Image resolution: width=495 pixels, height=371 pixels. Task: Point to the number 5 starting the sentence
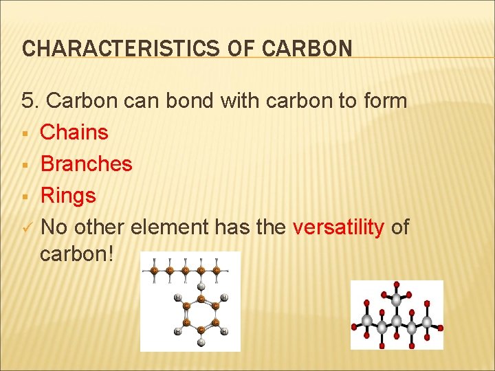[x=28, y=101]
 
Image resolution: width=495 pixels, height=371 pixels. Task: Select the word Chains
[x=74, y=132]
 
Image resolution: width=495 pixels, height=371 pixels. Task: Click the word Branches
[x=86, y=164]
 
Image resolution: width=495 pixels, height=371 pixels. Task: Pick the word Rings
[x=68, y=195]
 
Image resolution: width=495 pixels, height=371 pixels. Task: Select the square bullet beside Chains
[x=25, y=133]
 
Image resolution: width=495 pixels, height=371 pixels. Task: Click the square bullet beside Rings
[x=25, y=196]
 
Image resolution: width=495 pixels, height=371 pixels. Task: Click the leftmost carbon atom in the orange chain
[x=155, y=271]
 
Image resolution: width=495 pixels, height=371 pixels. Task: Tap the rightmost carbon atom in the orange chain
[x=217, y=271]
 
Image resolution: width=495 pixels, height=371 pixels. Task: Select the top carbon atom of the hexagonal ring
[x=201, y=299]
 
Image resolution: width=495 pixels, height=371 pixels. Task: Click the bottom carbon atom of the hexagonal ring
[x=201, y=330]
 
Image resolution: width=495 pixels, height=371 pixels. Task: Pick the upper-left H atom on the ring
[x=177, y=298]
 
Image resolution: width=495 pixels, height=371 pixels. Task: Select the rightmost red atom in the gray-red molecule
[x=441, y=328]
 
